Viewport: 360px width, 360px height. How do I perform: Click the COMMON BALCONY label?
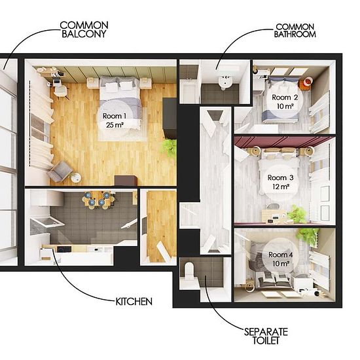click(x=84, y=29)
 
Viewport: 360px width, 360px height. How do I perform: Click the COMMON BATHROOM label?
click(x=295, y=31)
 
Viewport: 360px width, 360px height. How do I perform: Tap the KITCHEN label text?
click(x=134, y=302)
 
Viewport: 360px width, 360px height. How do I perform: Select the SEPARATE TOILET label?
click(x=266, y=336)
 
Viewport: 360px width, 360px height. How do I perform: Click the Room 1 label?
click(x=115, y=116)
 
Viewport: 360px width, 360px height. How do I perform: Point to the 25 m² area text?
click(x=115, y=125)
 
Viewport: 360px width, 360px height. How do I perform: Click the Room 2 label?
click(x=285, y=98)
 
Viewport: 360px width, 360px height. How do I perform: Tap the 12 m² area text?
click(x=281, y=187)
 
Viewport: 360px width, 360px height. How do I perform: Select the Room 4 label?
click(x=281, y=255)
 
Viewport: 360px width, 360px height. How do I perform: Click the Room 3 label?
click(x=281, y=177)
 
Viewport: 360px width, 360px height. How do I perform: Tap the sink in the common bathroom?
click(x=225, y=82)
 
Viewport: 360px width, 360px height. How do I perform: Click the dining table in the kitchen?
click(x=98, y=199)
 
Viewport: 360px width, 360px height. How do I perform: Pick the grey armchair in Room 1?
click(x=60, y=171)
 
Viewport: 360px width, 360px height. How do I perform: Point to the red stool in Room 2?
click(x=306, y=82)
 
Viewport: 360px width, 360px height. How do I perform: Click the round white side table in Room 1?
click(x=76, y=177)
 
